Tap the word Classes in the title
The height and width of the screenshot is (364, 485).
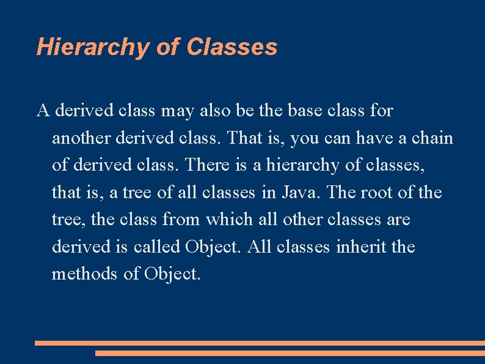tap(232, 46)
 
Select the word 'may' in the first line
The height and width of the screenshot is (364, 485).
tap(177, 111)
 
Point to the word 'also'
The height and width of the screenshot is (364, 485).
tap(213, 111)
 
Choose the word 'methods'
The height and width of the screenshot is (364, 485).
tap(85, 273)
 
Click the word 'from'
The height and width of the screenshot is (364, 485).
tap(183, 220)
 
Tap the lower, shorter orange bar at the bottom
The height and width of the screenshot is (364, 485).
tap(290, 353)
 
